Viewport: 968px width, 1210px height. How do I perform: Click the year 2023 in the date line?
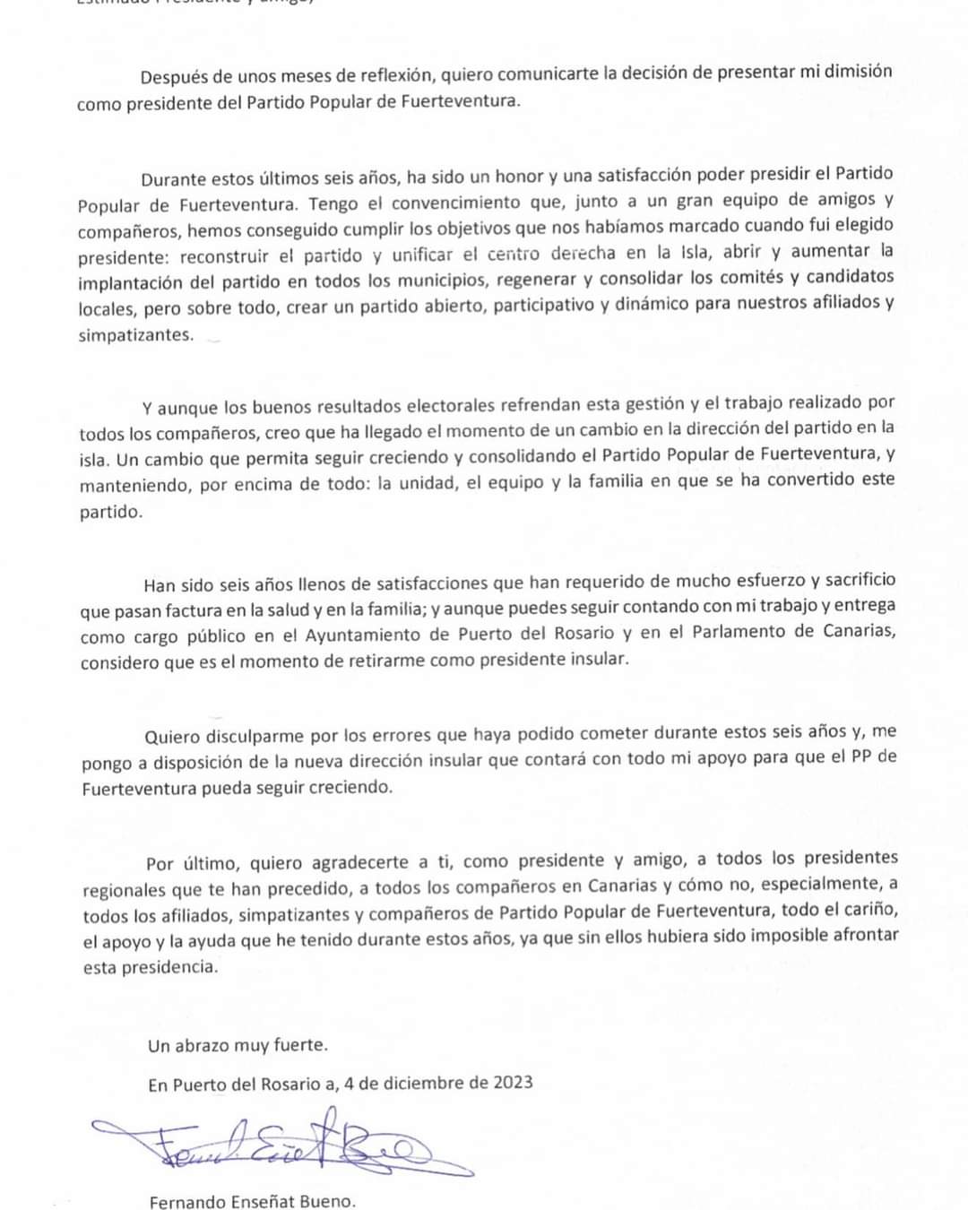[x=513, y=1082]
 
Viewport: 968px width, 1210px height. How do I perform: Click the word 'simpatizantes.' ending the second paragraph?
[x=135, y=335]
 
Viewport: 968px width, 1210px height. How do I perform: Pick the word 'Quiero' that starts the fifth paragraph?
[x=172, y=737]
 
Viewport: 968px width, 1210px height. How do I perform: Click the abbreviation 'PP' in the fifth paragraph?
[x=862, y=756]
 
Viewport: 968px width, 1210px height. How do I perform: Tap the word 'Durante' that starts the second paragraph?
[x=173, y=178]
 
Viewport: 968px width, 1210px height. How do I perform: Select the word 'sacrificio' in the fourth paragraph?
[x=860, y=580]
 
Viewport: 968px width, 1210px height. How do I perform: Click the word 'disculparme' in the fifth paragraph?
[x=255, y=737]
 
